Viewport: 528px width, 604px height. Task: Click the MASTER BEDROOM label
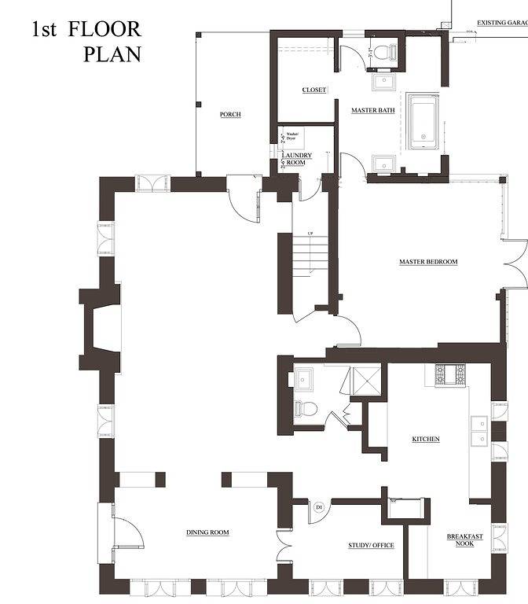click(427, 262)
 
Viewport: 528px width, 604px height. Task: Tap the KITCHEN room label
click(426, 439)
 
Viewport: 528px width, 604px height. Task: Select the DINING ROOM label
click(207, 532)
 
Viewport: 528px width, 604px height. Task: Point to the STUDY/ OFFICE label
click(371, 545)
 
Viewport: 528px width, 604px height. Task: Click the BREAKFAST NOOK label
click(464, 540)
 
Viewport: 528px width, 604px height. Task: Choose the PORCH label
click(230, 115)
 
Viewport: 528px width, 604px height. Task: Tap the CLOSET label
click(314, 90)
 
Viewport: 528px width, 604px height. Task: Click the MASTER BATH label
click(372, 110)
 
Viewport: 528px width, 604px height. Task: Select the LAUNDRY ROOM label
click(297, 159)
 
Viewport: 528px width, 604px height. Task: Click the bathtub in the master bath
click(424, 121)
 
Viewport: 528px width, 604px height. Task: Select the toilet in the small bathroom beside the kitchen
click(306, 408)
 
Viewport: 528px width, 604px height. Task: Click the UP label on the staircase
click(310, 234)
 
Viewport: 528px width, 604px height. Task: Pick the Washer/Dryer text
click(295, 136)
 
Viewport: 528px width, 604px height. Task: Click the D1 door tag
click(320, 508)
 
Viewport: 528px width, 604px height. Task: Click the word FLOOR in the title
click(104, 30)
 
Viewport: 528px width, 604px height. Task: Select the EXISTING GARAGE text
click(501, 23)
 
